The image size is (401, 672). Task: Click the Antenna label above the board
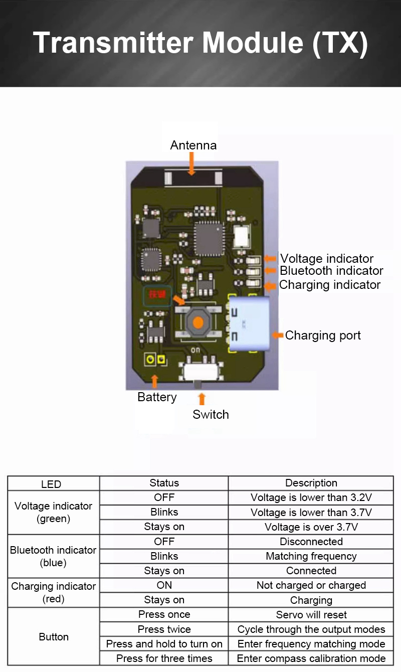193,145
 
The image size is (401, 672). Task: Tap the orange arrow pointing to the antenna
191,164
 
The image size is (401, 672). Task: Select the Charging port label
323,335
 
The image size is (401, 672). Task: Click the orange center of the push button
198,322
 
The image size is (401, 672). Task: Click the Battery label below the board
157,397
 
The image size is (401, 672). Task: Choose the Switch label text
211,415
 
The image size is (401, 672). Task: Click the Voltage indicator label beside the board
327,259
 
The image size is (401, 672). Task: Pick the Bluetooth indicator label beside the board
331,271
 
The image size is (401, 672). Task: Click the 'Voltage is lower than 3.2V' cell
311,498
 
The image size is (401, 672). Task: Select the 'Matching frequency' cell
311,556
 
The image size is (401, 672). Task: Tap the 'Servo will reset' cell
311,615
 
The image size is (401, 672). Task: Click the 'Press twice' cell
164,629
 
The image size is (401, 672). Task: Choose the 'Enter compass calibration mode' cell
311,658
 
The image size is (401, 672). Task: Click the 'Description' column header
311,483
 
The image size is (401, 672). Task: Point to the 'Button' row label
54,637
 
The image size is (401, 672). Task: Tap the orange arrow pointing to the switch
202,399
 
